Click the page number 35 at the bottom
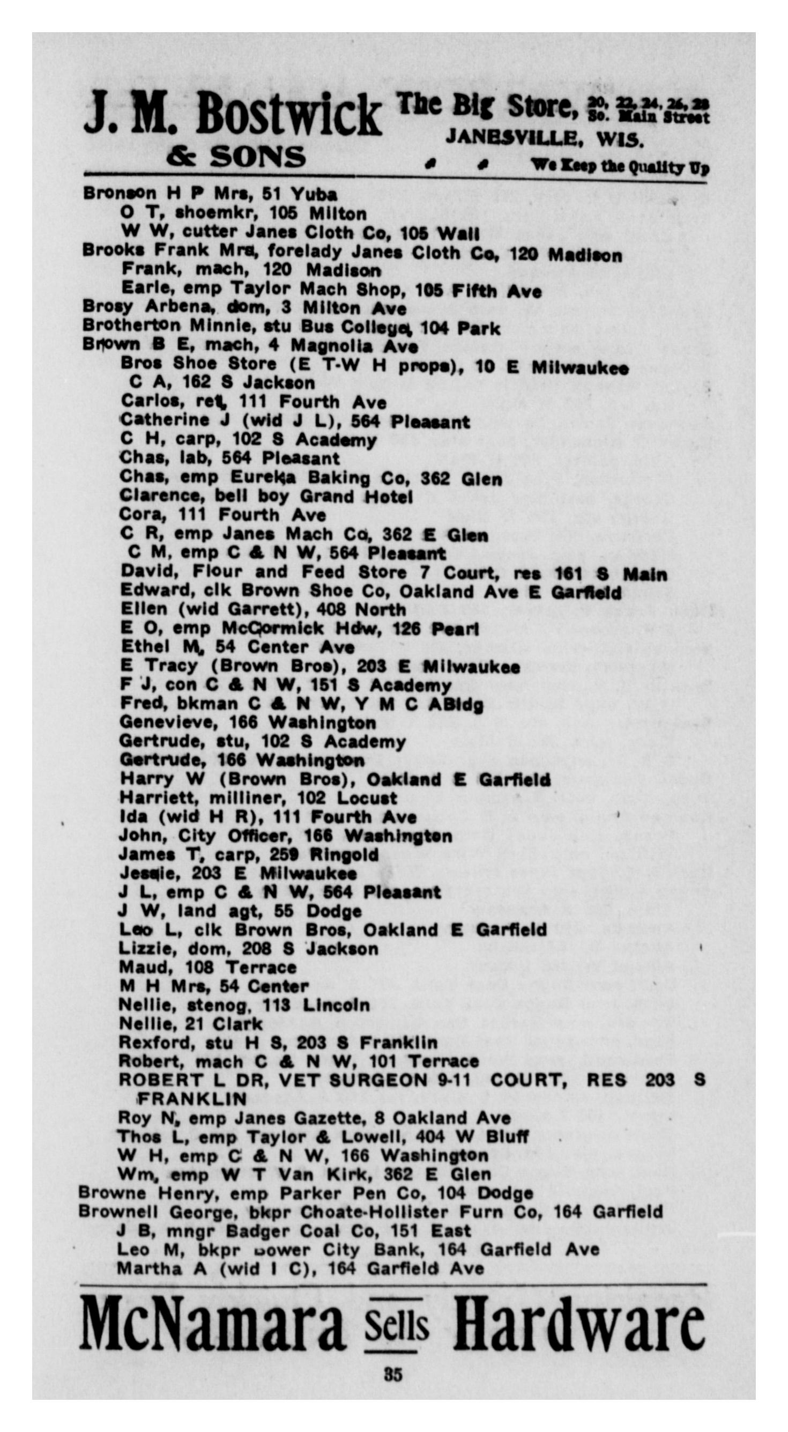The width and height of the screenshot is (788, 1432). [x=393, y=1375]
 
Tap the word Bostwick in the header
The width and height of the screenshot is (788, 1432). [x=288, y=115]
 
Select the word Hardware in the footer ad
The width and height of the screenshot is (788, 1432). [x=579, y=1325]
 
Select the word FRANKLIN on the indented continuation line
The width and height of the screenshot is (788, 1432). [x=192, y=1099]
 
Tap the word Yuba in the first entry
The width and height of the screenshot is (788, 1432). [x=314, y=194]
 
